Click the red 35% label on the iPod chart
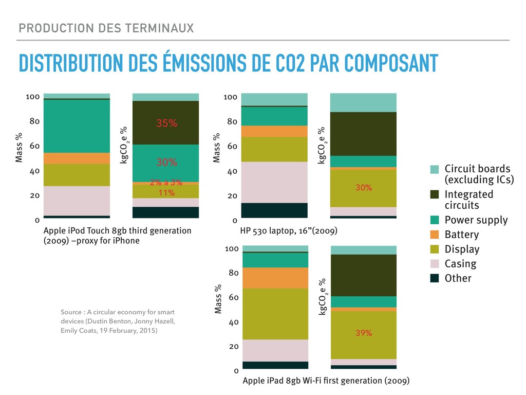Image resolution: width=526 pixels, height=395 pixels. tap(166, 123)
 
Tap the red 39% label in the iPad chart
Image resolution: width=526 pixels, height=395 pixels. tap(364, 333)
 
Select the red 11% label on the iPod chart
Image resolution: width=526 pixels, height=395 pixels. tap(166, 193)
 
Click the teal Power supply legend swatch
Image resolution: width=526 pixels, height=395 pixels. tap(435, 220)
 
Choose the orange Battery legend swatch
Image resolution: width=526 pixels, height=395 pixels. tap(435, 235)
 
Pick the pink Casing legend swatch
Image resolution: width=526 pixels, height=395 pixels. tap(435, 264)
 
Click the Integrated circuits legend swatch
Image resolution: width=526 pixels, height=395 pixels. tap(435, 195)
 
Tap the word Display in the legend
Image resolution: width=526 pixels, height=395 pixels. tap(462, 249)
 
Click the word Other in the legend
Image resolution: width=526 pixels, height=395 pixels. tap(458, 278)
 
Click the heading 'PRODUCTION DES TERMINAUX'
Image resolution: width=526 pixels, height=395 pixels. tap(106, 28)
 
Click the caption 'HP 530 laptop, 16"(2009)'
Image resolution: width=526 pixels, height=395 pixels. tap(289, 231)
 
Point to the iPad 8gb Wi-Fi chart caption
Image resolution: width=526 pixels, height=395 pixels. tap(326, 381)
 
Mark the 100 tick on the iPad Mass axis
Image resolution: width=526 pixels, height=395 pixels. tap(232, 249)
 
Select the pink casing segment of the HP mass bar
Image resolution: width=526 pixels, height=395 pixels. tap(274, 182)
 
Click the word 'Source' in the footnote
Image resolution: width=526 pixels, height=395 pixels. tap(71, 312)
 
